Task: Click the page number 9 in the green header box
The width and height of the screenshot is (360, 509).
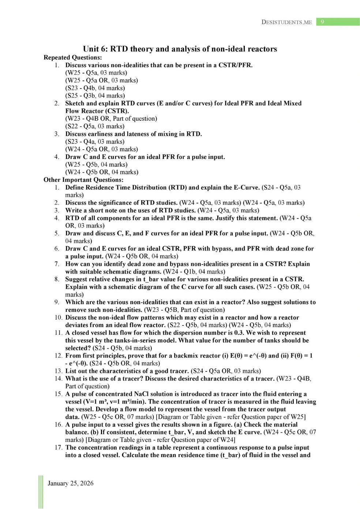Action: (x=322, y=22)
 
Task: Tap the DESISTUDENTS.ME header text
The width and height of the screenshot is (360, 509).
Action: (x=286, y=22)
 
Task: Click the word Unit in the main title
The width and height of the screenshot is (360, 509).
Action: (x=91, y=49)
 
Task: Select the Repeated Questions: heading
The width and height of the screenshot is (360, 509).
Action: (x=72, y=57)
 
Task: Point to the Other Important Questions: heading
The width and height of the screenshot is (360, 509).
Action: (x=83, y=180)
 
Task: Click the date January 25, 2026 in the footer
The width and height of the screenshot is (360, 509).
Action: (x=71, y=483)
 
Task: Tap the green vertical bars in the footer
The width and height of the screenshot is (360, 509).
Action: (x=41, y=492)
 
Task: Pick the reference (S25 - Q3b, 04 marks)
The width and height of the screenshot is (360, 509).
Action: (x=95, y=96)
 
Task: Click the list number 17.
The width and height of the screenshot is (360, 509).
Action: (x=59, y=448)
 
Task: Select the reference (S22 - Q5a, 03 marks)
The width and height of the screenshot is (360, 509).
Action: (x=95, y=126)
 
